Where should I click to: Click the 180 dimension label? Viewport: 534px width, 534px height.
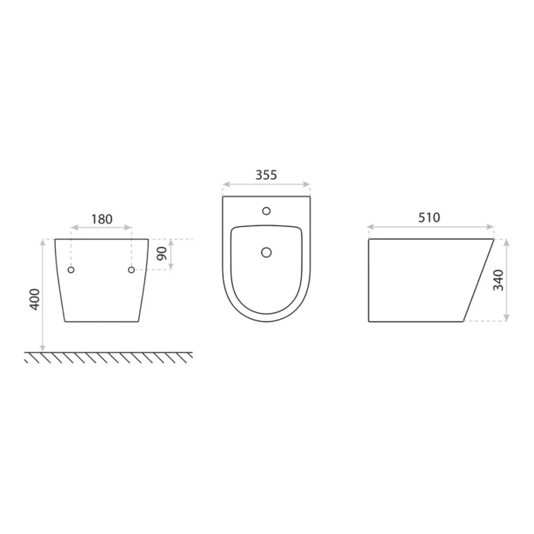[102, 219]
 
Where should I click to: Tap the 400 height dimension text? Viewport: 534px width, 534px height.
[35, 300]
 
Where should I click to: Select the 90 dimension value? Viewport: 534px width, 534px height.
[162, 254]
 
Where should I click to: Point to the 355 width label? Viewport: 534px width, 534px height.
[266, 175]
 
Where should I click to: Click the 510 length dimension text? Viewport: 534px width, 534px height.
[429, 217]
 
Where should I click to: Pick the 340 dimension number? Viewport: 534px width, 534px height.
[498, 280]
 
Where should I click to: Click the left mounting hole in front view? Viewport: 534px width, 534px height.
[71, 270]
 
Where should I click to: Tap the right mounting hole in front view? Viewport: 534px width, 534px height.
[131, 270]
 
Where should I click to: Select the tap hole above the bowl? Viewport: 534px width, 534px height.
[266, 211]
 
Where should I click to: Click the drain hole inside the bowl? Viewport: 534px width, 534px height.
[266, 252]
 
